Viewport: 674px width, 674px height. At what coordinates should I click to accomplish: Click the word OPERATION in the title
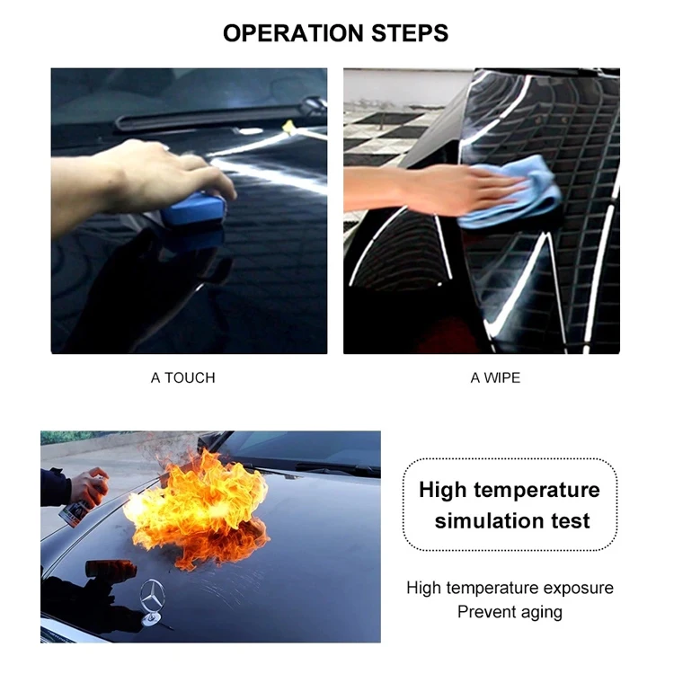(285, 33)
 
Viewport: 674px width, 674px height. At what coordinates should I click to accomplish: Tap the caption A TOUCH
(182, 377)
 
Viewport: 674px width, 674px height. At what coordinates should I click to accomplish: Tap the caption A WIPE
(495, 377)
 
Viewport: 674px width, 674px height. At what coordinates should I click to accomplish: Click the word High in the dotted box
(442, 490)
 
